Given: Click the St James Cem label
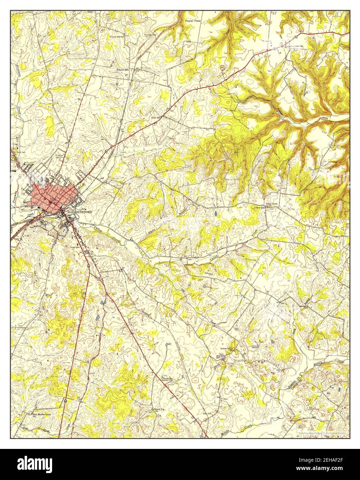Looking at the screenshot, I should [59, 156].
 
